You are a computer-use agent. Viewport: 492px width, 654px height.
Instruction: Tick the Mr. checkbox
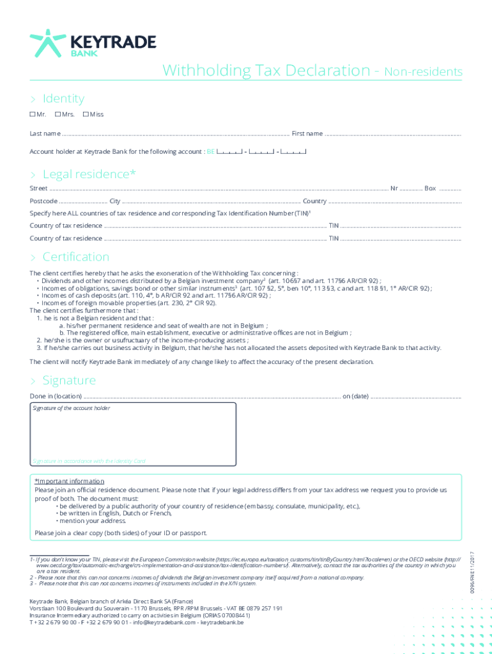click(33, 114)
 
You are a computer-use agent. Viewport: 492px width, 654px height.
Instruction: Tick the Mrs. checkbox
click(58, 114)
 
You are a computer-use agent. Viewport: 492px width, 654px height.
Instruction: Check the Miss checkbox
click(86, 114)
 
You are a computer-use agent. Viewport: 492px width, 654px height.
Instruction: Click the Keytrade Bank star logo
click(48, 43)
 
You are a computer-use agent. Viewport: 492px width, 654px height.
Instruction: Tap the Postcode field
click(83, 202)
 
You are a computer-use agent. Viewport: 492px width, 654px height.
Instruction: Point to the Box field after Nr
click(450, 190)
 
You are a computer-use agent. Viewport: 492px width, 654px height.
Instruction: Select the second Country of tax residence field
click(215, 240)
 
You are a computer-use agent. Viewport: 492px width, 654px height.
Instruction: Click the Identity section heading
click(63, 98)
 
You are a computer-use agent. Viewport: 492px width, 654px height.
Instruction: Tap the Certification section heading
click(75, 257)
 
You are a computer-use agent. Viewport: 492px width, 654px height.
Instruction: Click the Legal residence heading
click(89, 174)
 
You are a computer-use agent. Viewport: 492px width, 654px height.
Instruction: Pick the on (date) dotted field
click(415, 397)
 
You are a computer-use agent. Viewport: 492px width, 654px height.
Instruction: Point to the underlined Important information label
click(70, 481)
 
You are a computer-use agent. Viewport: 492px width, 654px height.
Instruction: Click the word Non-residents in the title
click(423, 72)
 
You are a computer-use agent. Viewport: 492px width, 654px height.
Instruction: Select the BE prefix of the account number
click(210, 152)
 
